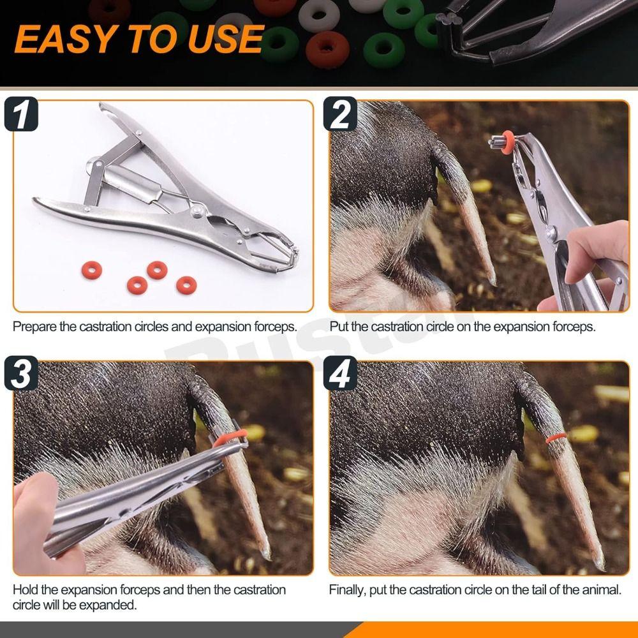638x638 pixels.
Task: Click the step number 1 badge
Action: click(21, 114)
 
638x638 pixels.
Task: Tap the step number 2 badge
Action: click(340, 114)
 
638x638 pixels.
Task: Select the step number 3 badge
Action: click(21, 373)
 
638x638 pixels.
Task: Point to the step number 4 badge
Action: click(340, 373)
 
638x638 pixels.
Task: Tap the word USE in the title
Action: click(225, 39)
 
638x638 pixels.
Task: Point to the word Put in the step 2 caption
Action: click(339, 326)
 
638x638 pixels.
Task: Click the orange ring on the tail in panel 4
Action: click(556, 438)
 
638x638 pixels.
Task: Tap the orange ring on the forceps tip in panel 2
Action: click(507, 142)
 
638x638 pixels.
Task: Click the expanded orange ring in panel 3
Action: click(230, 438)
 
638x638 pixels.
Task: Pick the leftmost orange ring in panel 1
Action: click(91, 270)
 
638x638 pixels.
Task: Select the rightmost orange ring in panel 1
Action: click(186, 285)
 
